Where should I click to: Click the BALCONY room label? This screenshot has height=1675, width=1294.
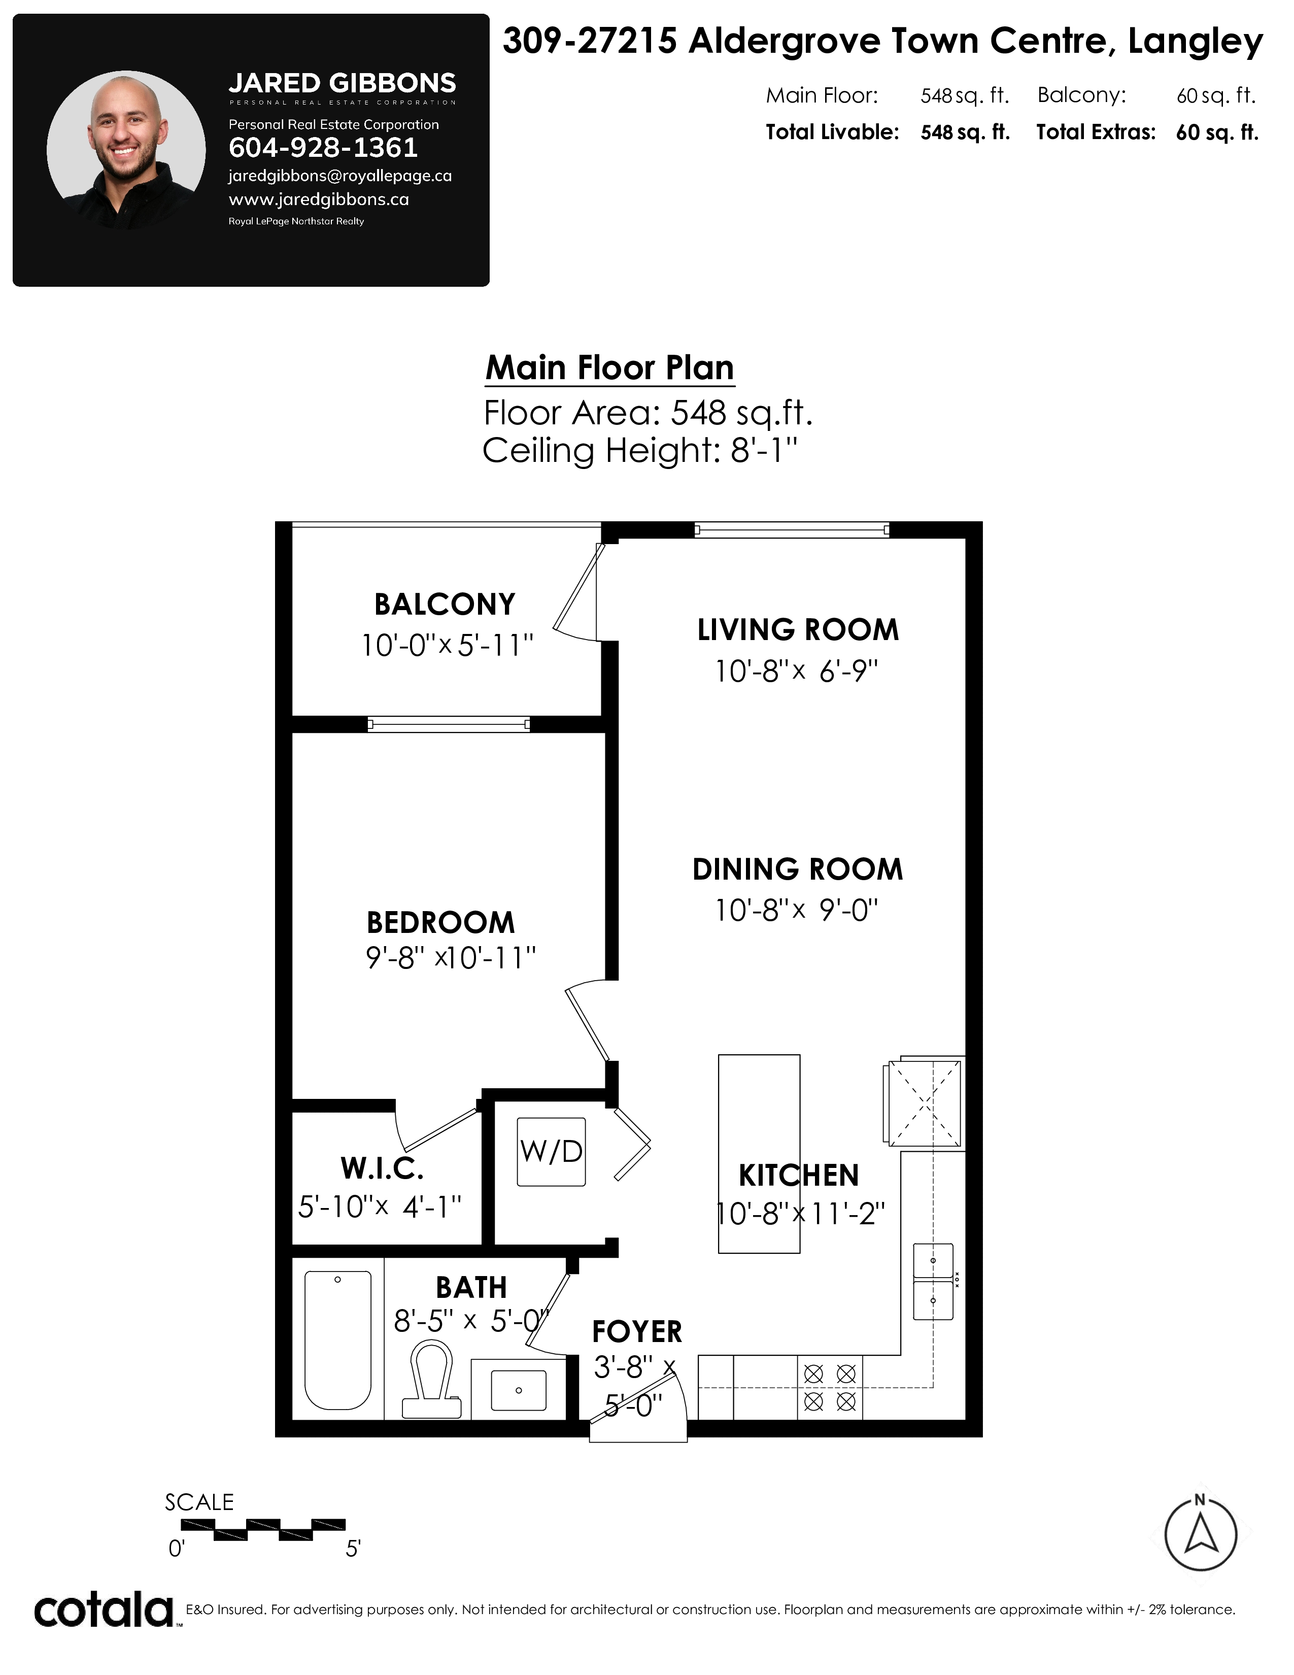445,605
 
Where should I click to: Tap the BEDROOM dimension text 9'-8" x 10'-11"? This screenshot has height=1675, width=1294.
451,958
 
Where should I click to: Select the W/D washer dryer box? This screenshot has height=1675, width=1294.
551,1152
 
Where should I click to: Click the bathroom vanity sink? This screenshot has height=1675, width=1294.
518,1390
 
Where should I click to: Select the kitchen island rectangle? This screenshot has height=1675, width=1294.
759,1154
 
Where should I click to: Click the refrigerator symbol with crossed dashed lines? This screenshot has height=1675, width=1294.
925,1103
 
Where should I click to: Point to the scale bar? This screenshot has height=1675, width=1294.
263,1529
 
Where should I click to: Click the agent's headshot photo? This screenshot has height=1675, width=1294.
126,150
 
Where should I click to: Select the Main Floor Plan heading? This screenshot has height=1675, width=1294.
609,368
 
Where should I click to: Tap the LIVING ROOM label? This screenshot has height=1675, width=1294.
798,630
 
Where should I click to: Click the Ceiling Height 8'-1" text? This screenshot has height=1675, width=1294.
640,450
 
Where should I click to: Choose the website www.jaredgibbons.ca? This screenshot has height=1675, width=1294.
319,199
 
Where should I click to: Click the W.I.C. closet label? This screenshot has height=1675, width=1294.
382,1169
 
